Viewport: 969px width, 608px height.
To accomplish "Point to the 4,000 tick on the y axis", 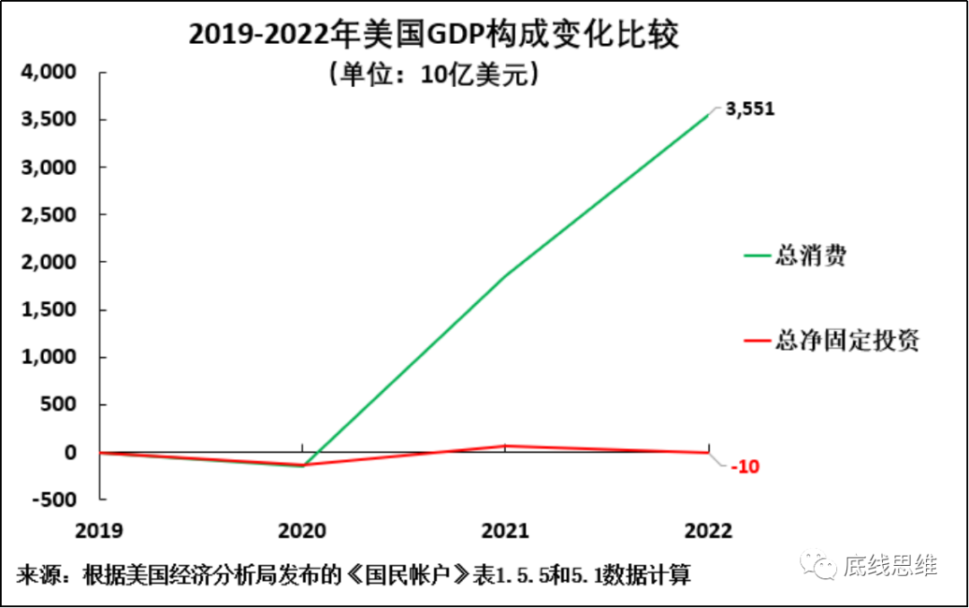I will pos(50,73).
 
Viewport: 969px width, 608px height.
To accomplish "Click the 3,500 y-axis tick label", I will pos(50,120).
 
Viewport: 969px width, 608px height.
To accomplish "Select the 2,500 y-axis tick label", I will pos(50,215).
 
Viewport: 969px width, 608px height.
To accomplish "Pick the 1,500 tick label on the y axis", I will pos(50,310).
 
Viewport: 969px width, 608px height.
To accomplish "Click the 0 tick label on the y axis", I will pos(70,452).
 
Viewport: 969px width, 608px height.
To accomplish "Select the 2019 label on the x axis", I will pos(100,530).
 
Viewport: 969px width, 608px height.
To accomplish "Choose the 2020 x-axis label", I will pos(303,530).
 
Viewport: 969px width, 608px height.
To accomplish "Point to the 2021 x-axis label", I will pos(506,530).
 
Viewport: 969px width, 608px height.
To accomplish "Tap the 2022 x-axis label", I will pos(708,530).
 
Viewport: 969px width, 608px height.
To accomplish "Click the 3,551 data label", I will pos(749,109).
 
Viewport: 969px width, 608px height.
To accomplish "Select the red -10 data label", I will pos(745,467).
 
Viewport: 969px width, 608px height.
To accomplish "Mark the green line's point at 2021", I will pos(506,275).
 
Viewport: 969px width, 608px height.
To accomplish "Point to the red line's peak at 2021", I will pos(506,445).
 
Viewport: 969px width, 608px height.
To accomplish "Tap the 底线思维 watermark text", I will pos(889,566).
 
